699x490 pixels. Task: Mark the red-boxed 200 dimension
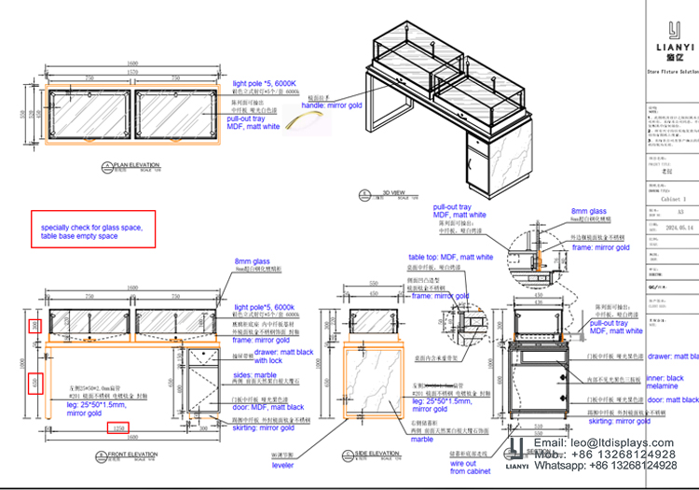click(35, 326)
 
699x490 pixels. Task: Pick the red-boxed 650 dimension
click(35, 383)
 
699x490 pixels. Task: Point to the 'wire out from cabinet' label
click(471, 466)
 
